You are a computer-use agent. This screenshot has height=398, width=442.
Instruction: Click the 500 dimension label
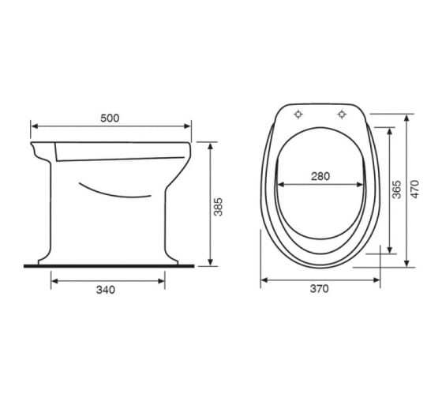tap(110, 118)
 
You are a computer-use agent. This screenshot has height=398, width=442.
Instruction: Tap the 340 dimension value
tap(106, 290)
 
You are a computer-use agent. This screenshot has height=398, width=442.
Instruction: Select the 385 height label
tap(218, 207)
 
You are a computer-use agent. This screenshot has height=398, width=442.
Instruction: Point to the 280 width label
tap(320, 176)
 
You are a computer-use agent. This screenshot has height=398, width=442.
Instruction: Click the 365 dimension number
tap(396, 190)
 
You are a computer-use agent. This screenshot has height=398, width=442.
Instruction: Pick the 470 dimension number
tap(414, 189)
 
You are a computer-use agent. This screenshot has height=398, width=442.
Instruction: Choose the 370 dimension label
tap(320, 288)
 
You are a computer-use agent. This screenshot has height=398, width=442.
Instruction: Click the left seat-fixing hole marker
tap(298, 115)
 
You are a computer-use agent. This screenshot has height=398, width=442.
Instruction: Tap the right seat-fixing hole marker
tap(342, 115)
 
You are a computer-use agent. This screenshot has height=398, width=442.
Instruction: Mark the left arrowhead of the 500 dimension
tap(35, 126)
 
